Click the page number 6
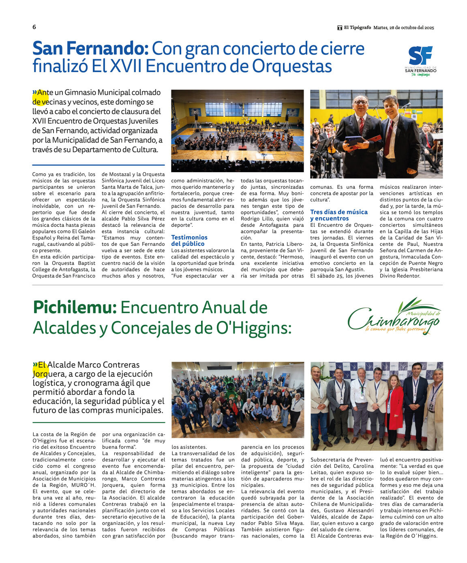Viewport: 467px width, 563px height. pos(34,27)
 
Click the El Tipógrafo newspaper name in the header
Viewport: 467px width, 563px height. pos(357,28)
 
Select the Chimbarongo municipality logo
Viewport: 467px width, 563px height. pos(394,317)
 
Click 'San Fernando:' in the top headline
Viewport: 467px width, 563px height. pos(91,49)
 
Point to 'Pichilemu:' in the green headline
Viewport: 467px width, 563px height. pos(75,307)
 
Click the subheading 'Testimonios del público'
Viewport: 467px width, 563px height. pos(189,240)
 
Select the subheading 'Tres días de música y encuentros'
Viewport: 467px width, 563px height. pos(338,215)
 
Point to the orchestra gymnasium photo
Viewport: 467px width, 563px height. pos(237,131)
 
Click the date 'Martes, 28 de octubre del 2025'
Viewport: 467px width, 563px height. pos(403,28)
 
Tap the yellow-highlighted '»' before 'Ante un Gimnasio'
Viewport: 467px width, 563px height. pos(35,93)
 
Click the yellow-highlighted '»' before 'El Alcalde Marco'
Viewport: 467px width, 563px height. pos(35,365)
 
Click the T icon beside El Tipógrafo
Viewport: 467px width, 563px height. pos(340,28)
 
